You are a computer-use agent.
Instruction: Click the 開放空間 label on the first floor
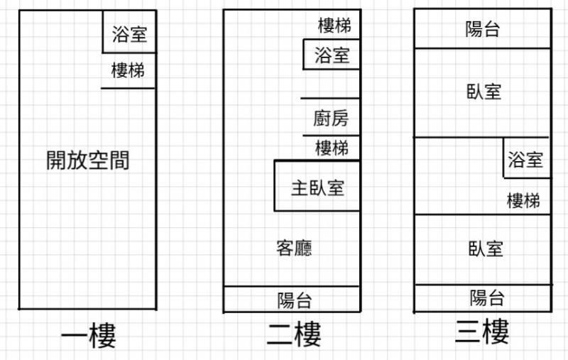[x=88, y=160]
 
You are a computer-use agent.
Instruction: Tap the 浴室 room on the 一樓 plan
[x=129, y=33]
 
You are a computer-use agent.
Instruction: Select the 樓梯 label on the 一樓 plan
[x=129, y=71]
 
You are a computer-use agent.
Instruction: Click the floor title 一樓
[x=88, y=336]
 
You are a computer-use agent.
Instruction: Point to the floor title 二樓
[x=293, y=333]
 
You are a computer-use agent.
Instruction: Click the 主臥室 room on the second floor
[x=317, y=187]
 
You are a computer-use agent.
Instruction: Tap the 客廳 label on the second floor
[x=293, y=248]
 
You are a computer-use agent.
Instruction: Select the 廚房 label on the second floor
[x=331, y=118]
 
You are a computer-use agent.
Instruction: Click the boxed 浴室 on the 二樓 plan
[x=332, y=55]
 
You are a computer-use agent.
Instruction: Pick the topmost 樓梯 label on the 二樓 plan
[x=334, y=26]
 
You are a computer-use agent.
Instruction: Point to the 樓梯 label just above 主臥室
[x=332, y=148]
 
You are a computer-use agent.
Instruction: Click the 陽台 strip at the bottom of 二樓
[x=294, y=300]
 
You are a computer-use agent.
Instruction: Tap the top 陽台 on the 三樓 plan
[x=483, y=29]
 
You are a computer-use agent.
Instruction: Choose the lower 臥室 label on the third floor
[x=486, y=249]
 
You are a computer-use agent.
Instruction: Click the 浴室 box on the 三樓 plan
[x=526, y=160]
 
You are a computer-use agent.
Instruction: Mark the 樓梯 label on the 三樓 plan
[x=523, y=201]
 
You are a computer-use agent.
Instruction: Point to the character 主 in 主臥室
[x=299, y=188]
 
